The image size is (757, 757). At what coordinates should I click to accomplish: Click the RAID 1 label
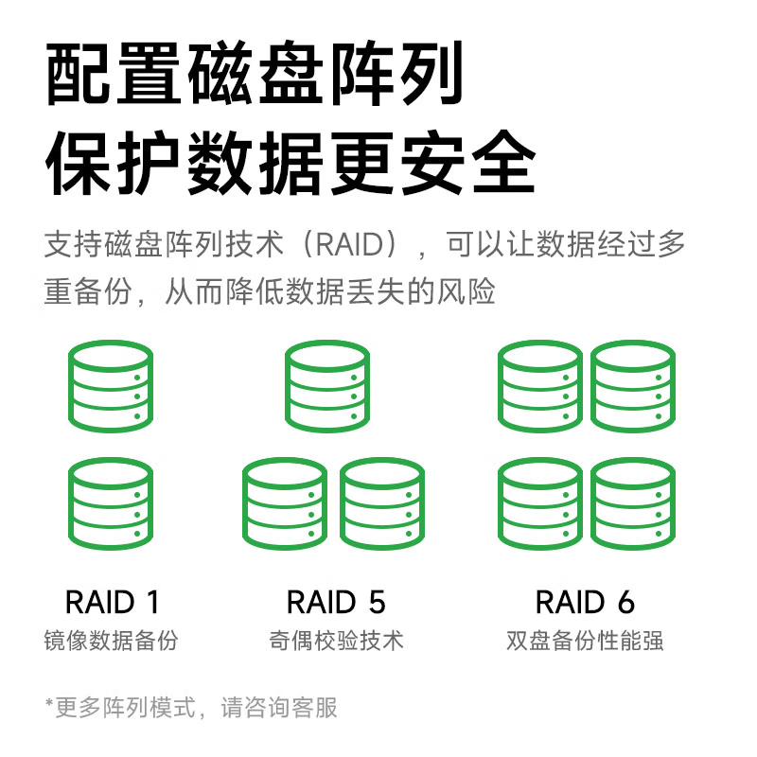click(x=112, y=602)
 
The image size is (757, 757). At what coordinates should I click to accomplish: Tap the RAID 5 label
click(x=336, y=602)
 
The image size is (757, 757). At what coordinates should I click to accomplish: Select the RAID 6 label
click(x=585, y=602)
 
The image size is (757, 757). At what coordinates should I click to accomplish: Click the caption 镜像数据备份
click(x=112, y=641)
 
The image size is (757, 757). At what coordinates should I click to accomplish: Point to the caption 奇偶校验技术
click(x=336, y=641)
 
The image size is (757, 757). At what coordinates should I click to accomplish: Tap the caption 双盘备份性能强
click(x=585, y=641)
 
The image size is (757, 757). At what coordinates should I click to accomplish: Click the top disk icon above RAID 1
click(x=111, y=387)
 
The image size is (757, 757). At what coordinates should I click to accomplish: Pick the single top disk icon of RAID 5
click(x=327, y=387)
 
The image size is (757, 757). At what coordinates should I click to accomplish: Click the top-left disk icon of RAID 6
click(x=540, y=387)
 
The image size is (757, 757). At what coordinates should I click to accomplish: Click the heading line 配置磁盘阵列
click(x=255, y=74)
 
